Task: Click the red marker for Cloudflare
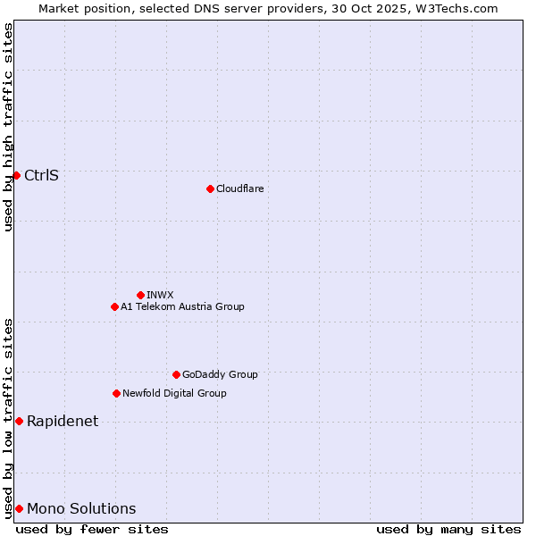click(x=210, y=188)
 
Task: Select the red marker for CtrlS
click(x=16, y=175)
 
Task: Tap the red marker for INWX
click(x=140, y=295)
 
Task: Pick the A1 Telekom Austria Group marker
click(x=114, y=306)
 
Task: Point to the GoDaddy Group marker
click(x=176, y=374)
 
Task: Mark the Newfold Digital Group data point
click(x=116, y=393)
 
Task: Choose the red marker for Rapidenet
click(x=19, y=421)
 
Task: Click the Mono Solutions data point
click(x=19, y=508)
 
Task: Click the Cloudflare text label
click(x=239, y=188)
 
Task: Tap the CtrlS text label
click(x=41, y=175)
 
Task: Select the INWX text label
click(x=160, y=295)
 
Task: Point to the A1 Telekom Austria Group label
click(x=182, y=306)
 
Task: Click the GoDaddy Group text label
click(x=220, y=374)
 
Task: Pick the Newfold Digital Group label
click(x=174, y=393)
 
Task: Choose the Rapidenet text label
click(x=63, y=421)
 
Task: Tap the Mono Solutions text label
click(x=81, y=508)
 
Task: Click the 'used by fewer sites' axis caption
click(x=92, y=529)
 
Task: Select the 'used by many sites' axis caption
click(x=448, y=529)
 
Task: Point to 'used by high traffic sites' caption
click(x=8, y=127)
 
